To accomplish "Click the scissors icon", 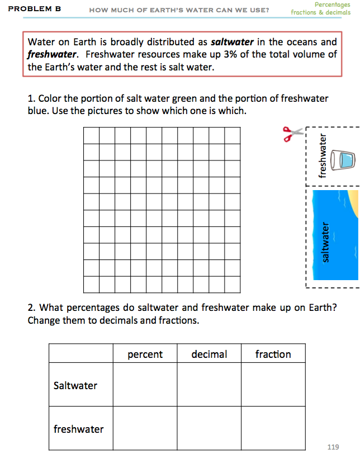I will [293, 134].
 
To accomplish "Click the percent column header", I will [145, 354].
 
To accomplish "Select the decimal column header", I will [209, 354].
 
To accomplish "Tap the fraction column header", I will [273, 354].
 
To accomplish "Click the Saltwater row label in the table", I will [75, 386].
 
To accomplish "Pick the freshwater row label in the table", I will [79, 429].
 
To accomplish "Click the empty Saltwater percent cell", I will [145, 385].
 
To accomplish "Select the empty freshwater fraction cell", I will [273, 428].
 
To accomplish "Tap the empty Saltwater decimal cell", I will [209, 385].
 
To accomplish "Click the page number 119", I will [333, 447].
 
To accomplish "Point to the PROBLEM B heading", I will [35, 9].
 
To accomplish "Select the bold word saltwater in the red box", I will [232, 42].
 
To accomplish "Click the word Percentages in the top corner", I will [332, 4].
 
